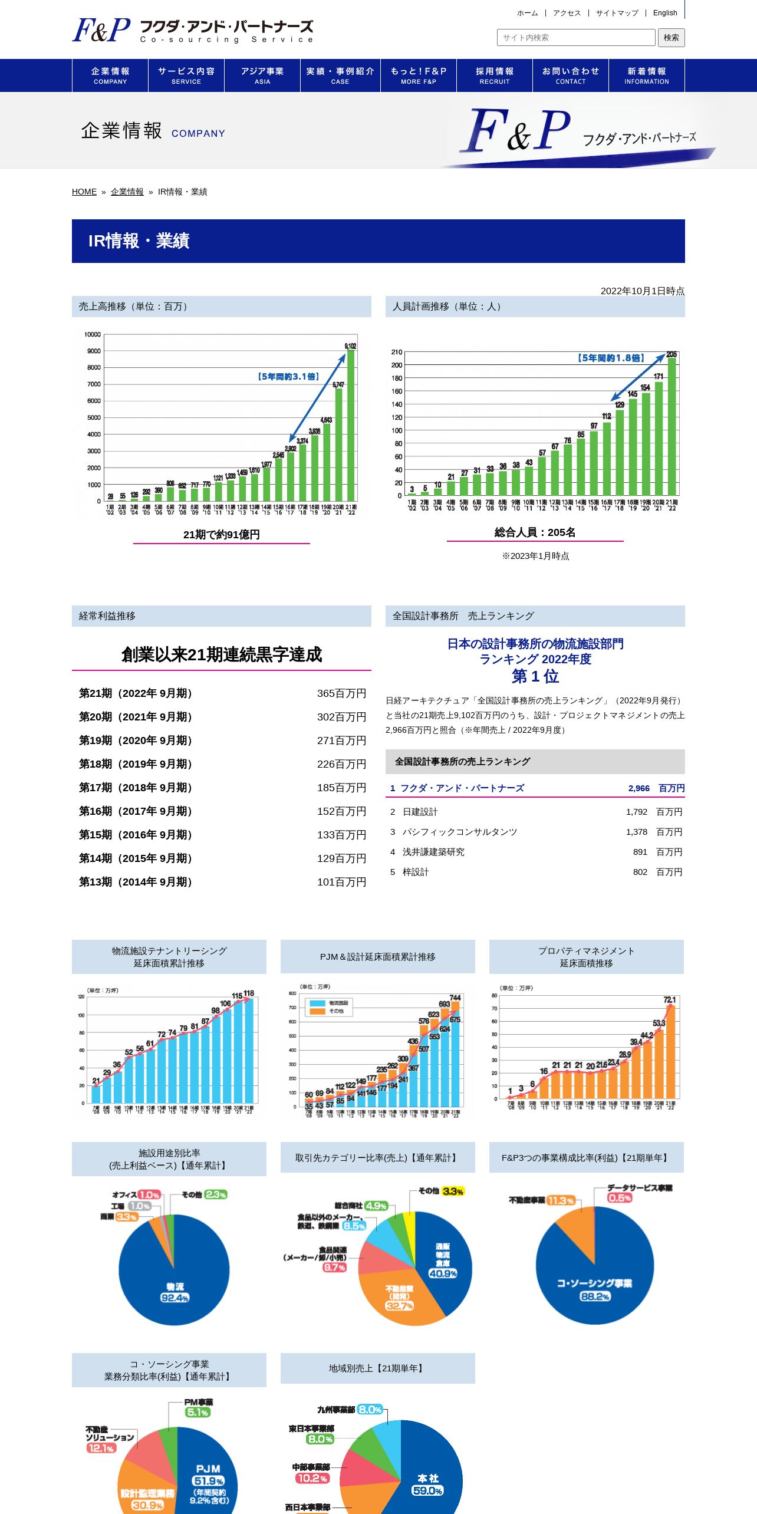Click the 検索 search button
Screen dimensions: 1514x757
click(x=671, y=38)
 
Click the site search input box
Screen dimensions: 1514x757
click(x=576, y=38)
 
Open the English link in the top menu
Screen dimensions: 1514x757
click(x=664, y=13)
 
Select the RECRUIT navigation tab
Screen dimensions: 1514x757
click(x=495, y=75)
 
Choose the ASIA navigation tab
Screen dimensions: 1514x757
click(x=262, y=75)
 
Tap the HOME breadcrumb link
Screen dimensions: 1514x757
click(x=84, y=192)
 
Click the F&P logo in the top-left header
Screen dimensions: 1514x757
click(x=101, y=30)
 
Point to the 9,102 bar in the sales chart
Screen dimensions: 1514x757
click(x=351, y=424)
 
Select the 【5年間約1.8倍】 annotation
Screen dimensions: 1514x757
click(x=611, y=358)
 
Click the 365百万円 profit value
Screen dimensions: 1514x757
click(x=341, y=693)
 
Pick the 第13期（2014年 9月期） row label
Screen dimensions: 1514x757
click(x=136, y=882)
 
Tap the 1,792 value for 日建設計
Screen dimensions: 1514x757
click(x=636, y=812)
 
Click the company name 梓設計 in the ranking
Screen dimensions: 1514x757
click(x=416, y=872)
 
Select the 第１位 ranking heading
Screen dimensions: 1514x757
click(x=535, y=676)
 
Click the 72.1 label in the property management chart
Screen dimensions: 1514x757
click(x=670, y=1000)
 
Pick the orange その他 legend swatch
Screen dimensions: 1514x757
click(x=318, y=1012)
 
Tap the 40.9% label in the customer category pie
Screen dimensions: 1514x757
click(x=443, y=1273)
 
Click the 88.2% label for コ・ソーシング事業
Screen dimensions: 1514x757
click(x=595, y=1296)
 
